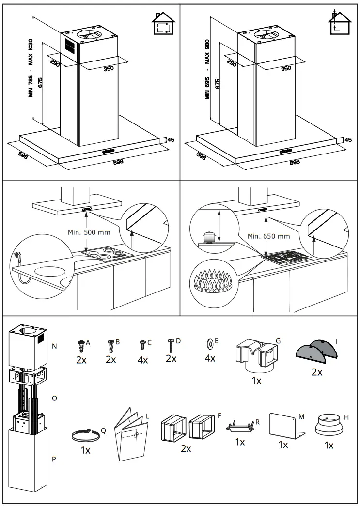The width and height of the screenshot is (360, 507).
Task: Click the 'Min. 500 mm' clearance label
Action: pos(89,232)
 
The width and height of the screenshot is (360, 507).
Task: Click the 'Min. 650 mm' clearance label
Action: pos(268,236)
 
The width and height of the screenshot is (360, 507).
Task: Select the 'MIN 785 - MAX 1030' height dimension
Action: pos(31,68)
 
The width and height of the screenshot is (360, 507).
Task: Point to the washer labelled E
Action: pos(209,343)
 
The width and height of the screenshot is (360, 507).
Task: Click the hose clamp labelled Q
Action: pos(85,435)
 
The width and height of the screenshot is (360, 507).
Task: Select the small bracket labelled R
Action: pos(240,427)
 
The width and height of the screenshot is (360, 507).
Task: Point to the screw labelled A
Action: pos(81,345)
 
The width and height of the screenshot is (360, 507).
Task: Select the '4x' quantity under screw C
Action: pos(142,360)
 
